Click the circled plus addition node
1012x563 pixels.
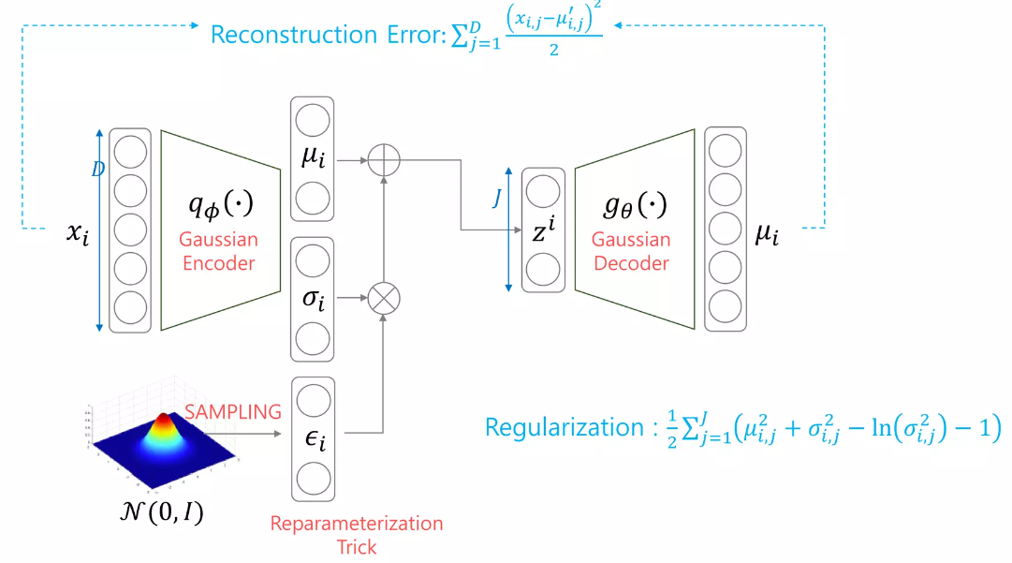pyautogui.click(x=383, y=160)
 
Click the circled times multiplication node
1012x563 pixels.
pyautogui.click(x=383, y=298)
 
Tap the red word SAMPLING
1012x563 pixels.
pyautogui.click(x=232, y=411)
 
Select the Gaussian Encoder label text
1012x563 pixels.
pyautogui.click(x=219, y=252)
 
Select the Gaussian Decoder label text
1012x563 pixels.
pyautogui.click(x=632, y=251)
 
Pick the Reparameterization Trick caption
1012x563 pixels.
pyautogui.click(x=356, y=534)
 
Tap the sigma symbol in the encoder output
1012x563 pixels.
pyautogui.click(x=312, y=299)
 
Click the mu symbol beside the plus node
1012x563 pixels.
pyautogui.click(x=312, y=158)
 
